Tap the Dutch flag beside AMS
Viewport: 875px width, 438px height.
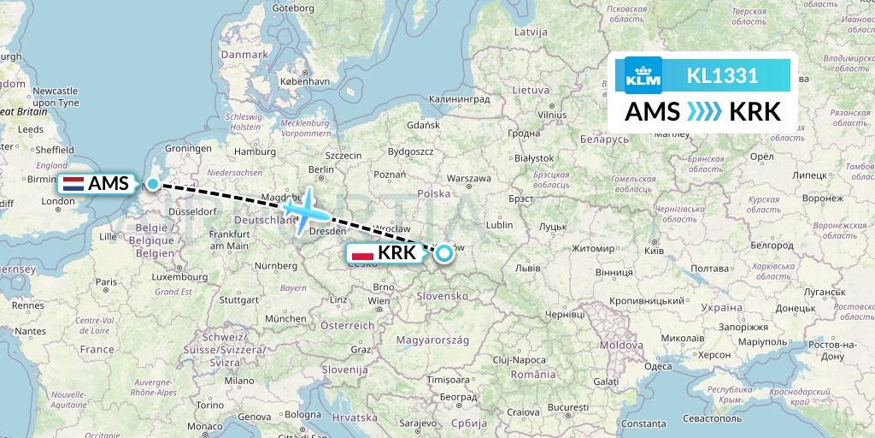click(73, 183)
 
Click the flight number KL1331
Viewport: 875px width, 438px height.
click(722, 75)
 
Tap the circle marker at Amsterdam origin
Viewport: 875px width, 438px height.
click(152, 183)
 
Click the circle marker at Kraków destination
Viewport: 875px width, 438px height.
click(443, 252)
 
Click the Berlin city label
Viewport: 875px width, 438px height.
click(321, 169)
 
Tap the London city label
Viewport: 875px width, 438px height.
click(58, 202)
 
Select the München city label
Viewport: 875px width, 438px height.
click(285, 318)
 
